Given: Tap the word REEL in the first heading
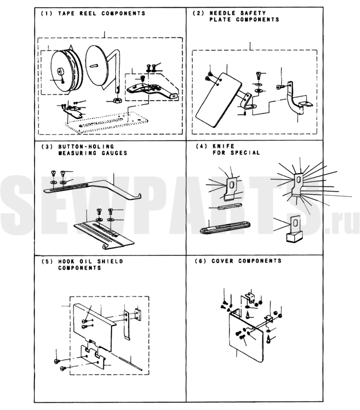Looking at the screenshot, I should (82, 13).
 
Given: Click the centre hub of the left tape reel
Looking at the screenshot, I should (61, 71).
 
